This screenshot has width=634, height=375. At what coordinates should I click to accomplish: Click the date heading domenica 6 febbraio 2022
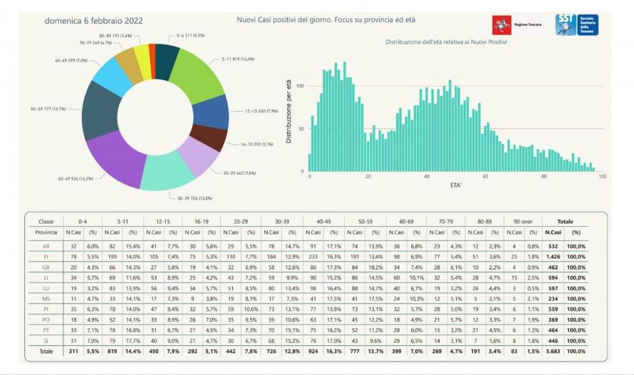(93, 20)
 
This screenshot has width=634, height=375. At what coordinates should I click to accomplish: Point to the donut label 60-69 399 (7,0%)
(70, 60)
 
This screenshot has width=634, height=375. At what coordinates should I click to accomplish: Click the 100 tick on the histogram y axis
(301, 86)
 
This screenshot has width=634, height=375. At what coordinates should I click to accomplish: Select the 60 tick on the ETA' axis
(485, 177)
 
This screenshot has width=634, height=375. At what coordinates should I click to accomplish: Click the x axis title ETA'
(455, 185)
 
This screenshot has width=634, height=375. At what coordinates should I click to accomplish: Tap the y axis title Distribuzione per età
(289, 112)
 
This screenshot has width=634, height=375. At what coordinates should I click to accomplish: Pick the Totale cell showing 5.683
(552, 351)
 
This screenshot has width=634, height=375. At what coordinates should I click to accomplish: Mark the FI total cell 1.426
(552, 255)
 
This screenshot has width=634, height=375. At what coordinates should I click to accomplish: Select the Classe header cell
(46, 221)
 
